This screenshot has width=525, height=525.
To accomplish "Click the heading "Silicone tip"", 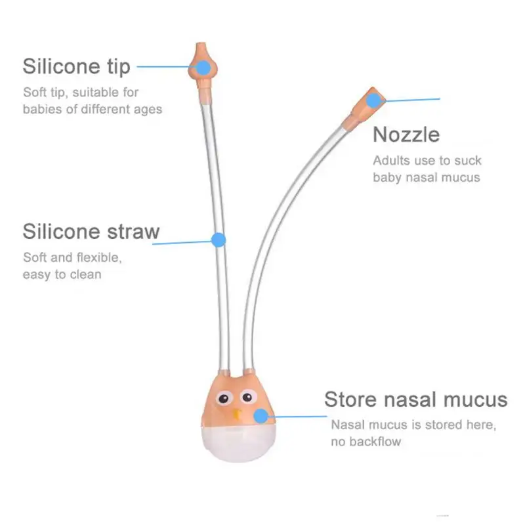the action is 76,66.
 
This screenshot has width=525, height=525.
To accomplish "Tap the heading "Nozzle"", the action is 406,135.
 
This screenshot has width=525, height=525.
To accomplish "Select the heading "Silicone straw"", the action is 91,231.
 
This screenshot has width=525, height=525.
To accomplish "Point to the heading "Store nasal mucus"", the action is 415,399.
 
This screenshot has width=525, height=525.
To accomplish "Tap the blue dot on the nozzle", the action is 373,100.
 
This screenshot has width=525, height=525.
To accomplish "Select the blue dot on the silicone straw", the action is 219,240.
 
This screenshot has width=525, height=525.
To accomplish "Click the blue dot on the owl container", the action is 261,415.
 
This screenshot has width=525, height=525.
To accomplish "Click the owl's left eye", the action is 226,398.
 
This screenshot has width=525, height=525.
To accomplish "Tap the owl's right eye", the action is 248,398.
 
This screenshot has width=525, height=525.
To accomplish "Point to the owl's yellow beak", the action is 236,414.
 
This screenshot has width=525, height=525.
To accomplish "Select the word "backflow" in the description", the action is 375,442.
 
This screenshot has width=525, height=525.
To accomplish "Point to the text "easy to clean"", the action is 62,274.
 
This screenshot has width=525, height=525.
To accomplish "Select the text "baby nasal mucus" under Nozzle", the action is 427,177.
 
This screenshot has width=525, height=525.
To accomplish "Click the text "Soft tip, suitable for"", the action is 81,92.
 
